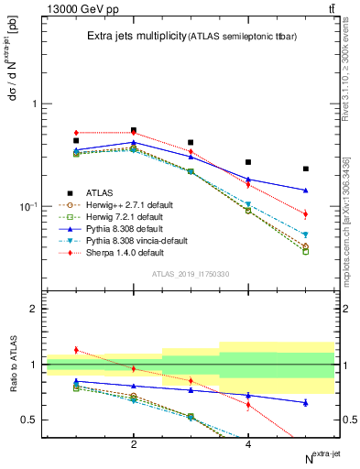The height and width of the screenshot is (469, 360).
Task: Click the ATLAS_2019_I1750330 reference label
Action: pos(190,274)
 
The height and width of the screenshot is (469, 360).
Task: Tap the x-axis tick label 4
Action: pos(248,444)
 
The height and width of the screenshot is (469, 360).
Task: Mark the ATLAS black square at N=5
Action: pos(306,169)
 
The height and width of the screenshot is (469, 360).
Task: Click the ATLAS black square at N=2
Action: pos(134,130)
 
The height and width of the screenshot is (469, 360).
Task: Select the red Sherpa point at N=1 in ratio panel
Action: pos(77,350)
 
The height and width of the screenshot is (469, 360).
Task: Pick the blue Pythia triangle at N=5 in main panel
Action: pos(306,191)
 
